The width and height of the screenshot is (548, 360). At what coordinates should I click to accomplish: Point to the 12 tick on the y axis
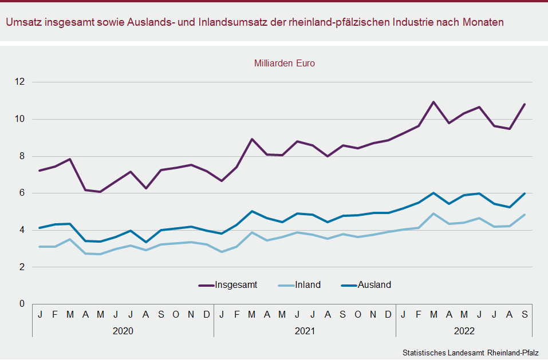coord(21,82)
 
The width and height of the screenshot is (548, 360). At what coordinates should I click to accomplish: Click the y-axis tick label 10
coord(21,119)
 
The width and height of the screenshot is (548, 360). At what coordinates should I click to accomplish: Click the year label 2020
coord(123,331)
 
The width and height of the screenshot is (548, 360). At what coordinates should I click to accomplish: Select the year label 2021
coord(305,331)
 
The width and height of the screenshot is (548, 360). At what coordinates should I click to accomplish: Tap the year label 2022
coord(464,331)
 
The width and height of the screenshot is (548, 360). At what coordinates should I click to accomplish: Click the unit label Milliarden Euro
coord(285,64)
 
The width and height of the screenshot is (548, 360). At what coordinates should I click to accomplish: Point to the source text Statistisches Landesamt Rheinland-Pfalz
coord(471,353)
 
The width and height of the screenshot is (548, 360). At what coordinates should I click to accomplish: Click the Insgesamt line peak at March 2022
coord(433,102)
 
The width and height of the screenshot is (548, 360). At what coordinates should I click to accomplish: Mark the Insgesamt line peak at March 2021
coord(252,139)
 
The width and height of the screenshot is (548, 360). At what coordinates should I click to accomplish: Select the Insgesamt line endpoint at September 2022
coord(525,104)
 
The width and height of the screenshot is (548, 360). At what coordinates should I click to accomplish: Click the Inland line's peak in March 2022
coord(433,213)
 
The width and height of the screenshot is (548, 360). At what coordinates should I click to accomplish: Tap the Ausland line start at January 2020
coord(40,228)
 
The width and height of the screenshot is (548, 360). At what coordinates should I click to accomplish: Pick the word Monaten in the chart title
coord(486,22)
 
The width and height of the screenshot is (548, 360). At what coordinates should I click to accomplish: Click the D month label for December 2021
coord(388,314)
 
